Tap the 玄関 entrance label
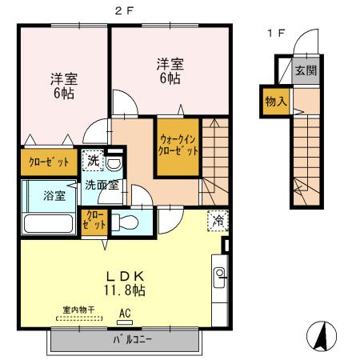304,70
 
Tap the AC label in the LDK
125,314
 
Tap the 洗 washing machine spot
94,160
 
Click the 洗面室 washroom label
102,184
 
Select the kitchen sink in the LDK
219,278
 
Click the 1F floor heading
275,33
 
